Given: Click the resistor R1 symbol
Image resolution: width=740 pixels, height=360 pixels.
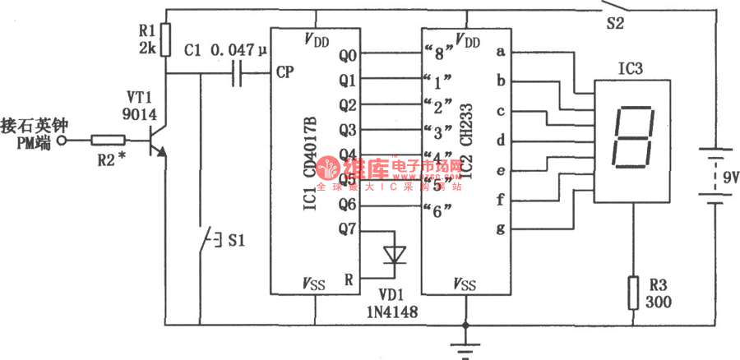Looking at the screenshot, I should pyautogui.click(x=165, y=37).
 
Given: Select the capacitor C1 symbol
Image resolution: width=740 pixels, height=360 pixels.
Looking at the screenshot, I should pyautogui.click(x=239, y=73).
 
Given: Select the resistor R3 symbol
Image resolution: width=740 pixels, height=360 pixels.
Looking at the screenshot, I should pyautogui.click(x=632, y=293).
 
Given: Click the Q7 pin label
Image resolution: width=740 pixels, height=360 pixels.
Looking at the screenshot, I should pyautogui.click(x=347, y=229).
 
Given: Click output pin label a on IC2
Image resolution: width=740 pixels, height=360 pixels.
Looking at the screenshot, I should pyautogui.click(x=499, y=51).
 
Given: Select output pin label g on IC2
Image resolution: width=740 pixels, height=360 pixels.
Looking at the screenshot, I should pyautogui.click(x=499, y=228).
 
